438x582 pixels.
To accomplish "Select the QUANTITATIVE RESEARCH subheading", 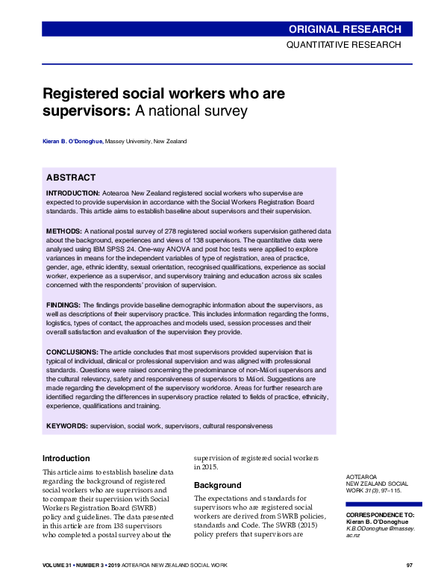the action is coord(344,45).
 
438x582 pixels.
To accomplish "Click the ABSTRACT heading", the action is coord(71,178).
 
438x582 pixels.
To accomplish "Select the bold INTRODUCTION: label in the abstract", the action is coord(73,193).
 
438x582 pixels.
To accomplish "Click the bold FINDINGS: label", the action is coord(63,305).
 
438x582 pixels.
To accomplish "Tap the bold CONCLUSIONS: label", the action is coord(72,351).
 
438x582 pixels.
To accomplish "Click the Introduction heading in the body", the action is coord(66,458).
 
